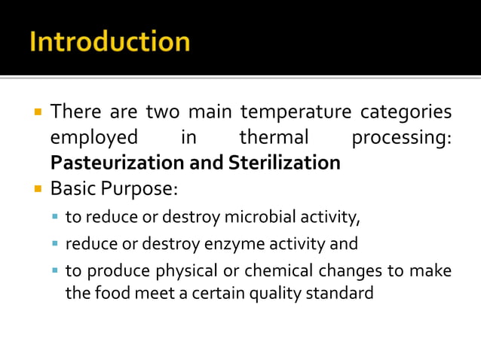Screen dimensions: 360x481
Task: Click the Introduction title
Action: pyautogui.click(x=109, y=41)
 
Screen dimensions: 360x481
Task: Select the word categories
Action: pyautogui.click(x=407, y=113)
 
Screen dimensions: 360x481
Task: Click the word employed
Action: pyautogui.click(x=94, y=138)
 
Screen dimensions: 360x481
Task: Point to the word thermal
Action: pyautogui.click(x=274, y=138)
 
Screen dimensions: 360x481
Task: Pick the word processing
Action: pyautogui.click(x=401, y=138)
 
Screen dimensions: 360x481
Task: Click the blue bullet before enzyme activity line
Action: pyautogui.click(x=55, y=245)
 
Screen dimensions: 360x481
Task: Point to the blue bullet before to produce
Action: pyautogui.click(x=55, y=270)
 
